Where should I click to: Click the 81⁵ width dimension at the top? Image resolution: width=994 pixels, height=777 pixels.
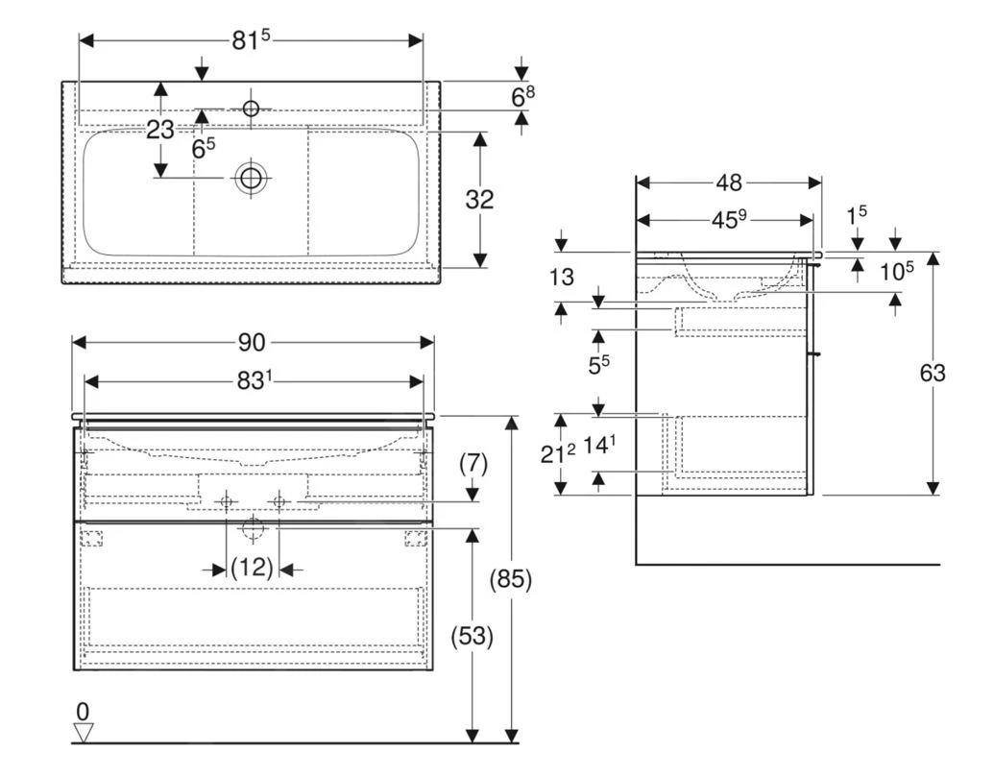[252, 40]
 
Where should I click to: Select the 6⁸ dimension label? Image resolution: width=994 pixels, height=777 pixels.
[522, 97]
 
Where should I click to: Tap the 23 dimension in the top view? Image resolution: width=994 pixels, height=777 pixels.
[159, 130]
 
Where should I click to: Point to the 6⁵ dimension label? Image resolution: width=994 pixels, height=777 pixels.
[203, 149]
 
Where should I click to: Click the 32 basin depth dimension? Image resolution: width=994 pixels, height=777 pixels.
[479, 200]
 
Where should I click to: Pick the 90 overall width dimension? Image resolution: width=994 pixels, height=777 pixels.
[253, 343]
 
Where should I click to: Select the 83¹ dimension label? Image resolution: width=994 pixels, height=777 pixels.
[255, 381]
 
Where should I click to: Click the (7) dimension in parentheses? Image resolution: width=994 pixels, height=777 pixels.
[472, 464]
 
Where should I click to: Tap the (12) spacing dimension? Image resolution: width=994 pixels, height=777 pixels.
[253, 569]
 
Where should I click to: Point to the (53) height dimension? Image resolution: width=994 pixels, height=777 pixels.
[471, 636]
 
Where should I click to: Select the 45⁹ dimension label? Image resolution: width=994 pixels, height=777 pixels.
[729, 220]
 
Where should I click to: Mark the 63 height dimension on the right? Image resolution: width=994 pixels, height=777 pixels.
[931, 373]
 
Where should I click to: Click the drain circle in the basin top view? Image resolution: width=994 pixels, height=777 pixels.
[251, 178]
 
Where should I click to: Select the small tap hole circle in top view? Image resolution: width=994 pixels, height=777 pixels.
[251, 109]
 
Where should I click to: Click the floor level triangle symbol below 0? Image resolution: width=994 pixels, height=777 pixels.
[84, 733]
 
